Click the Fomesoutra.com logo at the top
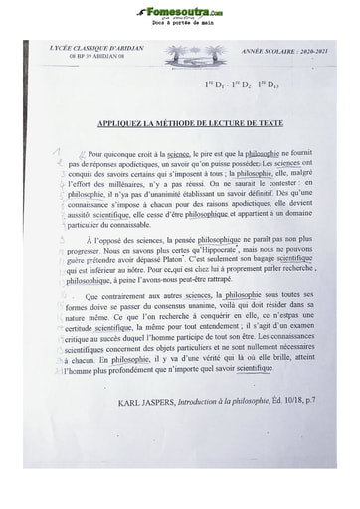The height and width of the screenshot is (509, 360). click(x=180, y=11)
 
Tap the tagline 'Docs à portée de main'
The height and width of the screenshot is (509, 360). click(x=180, y=22)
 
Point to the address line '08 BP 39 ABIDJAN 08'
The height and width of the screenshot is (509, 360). click(x=96, y=56)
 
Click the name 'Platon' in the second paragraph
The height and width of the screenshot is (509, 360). click(x=173, y=263)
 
